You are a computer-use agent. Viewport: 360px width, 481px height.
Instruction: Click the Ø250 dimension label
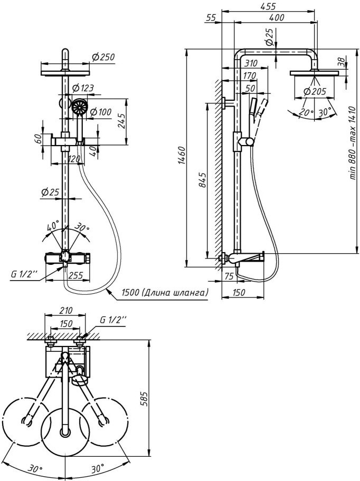click(103, 57)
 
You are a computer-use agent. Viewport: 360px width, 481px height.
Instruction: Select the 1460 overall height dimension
click(182, 156)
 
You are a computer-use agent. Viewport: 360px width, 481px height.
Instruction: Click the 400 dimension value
click(276, 18)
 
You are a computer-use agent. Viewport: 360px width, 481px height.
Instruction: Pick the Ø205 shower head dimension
click(314, 91)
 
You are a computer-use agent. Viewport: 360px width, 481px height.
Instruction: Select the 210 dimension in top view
click(66, 311)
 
